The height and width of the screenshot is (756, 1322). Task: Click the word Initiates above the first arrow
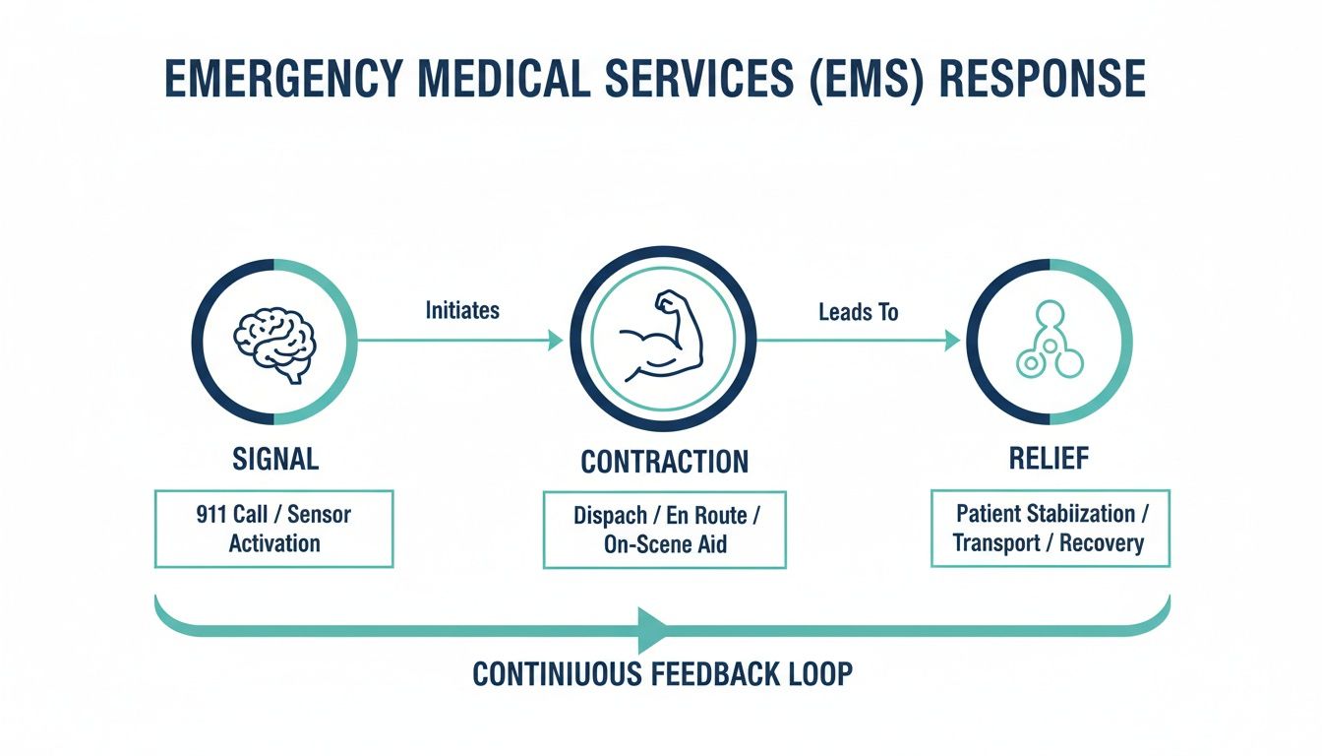click(462, 310)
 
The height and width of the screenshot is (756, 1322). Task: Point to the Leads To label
click(858, 312)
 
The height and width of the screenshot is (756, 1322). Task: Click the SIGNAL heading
click(274, 458)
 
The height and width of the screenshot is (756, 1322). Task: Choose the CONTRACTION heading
click(664, 461)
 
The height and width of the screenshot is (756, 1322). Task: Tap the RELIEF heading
click(1049, 458)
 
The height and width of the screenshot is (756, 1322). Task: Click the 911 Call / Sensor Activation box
click(274, 529)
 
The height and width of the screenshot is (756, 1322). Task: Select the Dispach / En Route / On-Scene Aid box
click(664, 530)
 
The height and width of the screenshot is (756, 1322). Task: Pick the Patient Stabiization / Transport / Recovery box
click(1050, 528)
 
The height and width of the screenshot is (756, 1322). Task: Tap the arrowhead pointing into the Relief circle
click(951, 341)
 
